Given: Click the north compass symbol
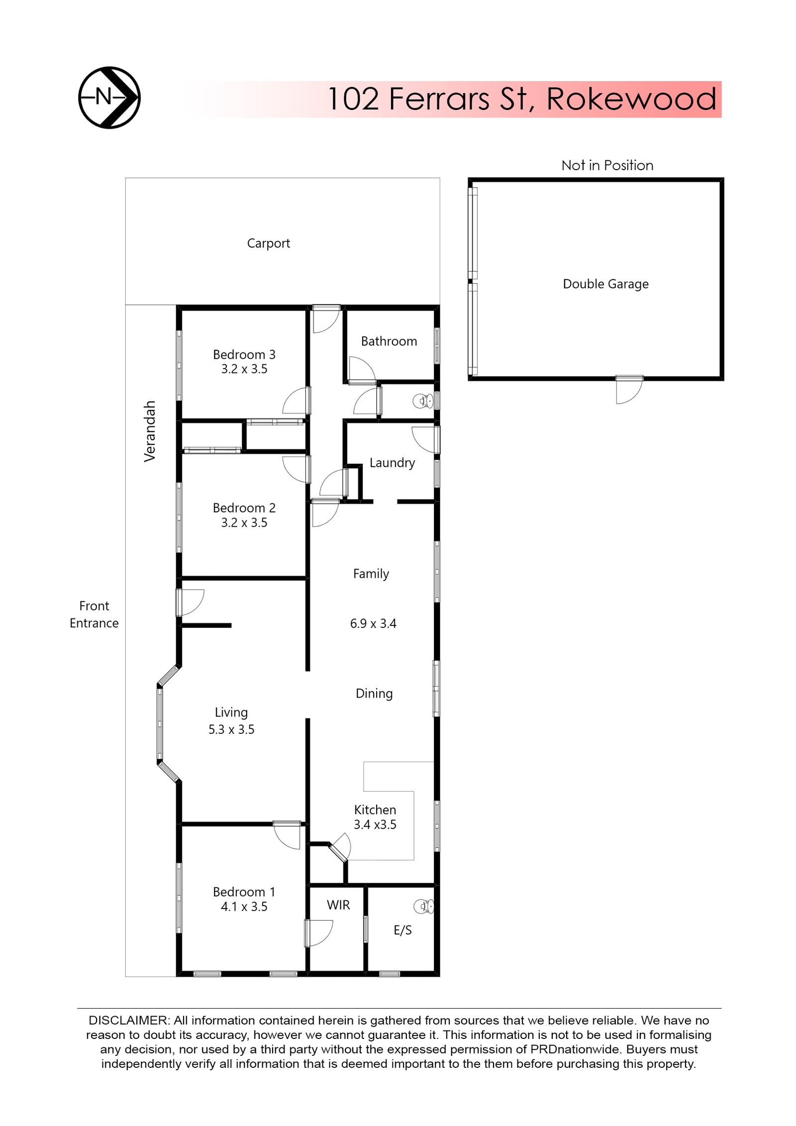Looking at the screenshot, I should click(x=109, y=98).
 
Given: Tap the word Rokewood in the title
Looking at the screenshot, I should click(x=630, y=99).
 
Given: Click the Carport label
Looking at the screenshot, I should click(x=268, y=243).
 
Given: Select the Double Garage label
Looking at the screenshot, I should click(x=605, y=284).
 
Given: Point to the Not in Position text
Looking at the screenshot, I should click(x=607, y=165).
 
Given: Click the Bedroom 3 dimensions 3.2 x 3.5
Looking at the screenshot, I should click(x=244, y=369).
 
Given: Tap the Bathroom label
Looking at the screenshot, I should click(x=389, y=341).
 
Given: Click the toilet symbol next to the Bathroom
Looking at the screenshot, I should click(x=423, y=401).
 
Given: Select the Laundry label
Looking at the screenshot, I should click(x=392, y=463).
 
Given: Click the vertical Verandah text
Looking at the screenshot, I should click(x=150, y=431).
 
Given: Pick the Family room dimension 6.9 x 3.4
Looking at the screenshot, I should click(x=373, y=623).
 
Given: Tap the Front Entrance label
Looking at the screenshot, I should click(x=94, y=614).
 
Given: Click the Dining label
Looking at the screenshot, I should click(x=374, y=693).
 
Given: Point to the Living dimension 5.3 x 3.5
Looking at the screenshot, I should click(x=231, y=729).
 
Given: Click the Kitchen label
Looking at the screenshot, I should click(x=375, y=810).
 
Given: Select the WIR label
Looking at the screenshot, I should click(x=338, y=905).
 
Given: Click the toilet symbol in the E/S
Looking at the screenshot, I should click(x=424, y=906).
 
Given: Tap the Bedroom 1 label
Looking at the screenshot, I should click(x=244, y=892).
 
